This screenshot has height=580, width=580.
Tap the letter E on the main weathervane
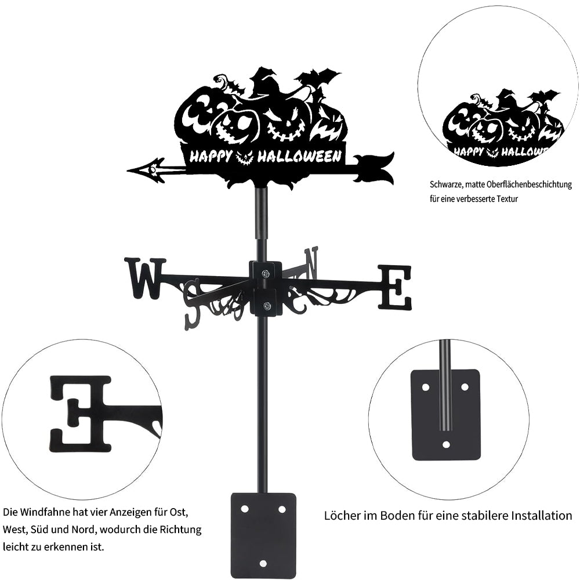pos(394,287)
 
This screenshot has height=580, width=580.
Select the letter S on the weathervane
pos(193,303)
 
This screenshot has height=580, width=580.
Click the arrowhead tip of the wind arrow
pos(127,171)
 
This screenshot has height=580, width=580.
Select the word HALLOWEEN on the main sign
pos(299,156)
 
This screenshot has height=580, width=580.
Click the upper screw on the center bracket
pos(266,273)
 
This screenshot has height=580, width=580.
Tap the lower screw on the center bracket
pos(266,306)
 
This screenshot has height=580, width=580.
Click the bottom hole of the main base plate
pos(263,563)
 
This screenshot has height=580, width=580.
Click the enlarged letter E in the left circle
pos(80,414)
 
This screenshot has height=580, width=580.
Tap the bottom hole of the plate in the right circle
pos(446,444)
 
